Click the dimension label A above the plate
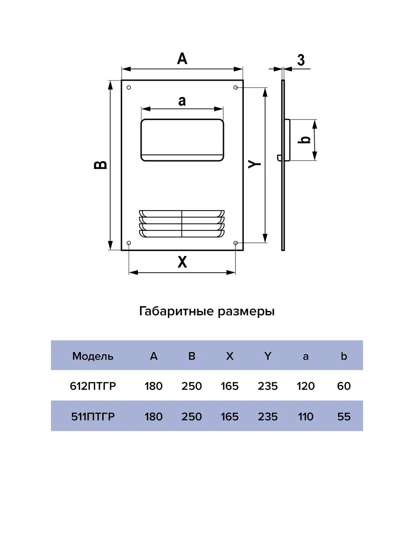pyautogui.click(x=182, y=58)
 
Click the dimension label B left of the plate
pyautogui.click(x=101, y=164)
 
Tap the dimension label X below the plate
pyautogui.click(x=182, y=262)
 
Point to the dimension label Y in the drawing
pyautogui.click(x=255, y=163)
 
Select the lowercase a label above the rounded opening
pyautogui.click(x=182, y=101)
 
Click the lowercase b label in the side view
pyautogui.click(x=305, y=139)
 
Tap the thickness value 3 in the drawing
pyautogui.click(x=301, y=60)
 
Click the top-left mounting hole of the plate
pyautogui.click(x=129, y=88)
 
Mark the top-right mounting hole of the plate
pyautogui.click(x=235, y=87)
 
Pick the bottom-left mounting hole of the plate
pyautogui.click(x=129, y=243)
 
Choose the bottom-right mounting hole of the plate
pyautogui.click(x=235, y=243)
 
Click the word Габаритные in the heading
pyautogui.click(x=176, y=311)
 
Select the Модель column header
pyautogui.click(x=93, y=356)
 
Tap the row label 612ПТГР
pyautogui.click(x=93, y=386)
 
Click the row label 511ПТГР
pyautogui.click(x=93, y=416)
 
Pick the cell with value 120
pyautogui.click(x=306, y=386)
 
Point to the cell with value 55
pyautogui.click(x=344, y=416)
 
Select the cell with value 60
pyautogui.click(x=344, y=386)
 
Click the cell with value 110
pyautogui.click(x=306, y=416)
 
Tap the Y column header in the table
pyautogui.click(x=268, y=356)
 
